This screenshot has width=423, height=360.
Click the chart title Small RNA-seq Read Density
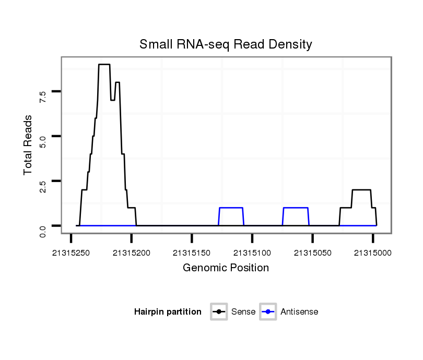(x=226, y=44)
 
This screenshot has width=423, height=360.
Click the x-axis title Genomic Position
(x=226, y=268)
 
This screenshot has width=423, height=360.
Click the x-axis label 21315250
(x=71, y=253)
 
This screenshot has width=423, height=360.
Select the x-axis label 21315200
(x=131, y=253)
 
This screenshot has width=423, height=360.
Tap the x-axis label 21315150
(x=192, y=253)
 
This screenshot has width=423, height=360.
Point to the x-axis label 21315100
(x=252, y=253)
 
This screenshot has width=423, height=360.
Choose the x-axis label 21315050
(x=312, y=253)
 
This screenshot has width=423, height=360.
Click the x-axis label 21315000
(x=372, y=253)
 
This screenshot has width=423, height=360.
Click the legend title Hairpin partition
(x=168, y=312)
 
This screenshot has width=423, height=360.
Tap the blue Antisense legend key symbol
(x=267, y=312)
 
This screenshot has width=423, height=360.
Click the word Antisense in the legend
(x=299, y=312)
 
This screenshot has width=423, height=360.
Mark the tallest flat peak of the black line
(x=104, y=64)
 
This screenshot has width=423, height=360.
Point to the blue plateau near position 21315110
(x=231, y=208)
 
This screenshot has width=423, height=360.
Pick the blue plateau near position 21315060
(x=296, y=208)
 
